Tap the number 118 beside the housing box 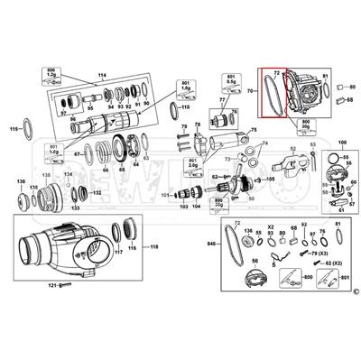point(154,246)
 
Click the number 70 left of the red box point(249,92)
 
